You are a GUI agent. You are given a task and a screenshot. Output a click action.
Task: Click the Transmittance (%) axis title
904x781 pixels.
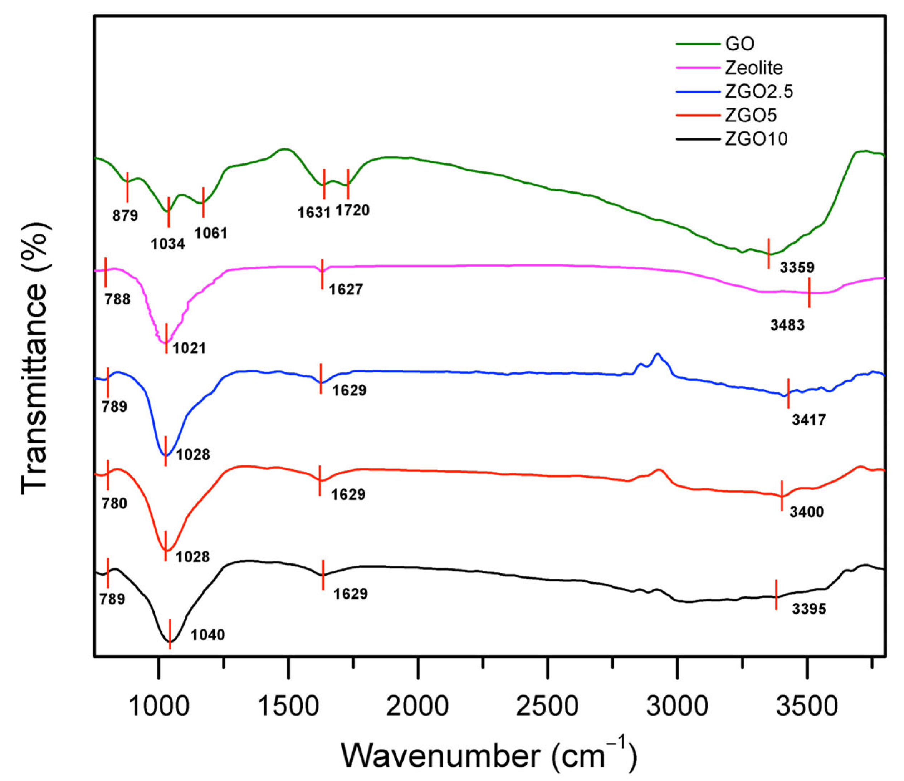point(34,358)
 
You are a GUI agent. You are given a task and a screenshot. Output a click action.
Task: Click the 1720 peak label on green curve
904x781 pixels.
point(352,210)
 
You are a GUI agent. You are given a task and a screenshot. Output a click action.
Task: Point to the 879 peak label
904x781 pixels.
point(125,215)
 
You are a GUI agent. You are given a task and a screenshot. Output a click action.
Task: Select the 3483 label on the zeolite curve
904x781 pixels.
point(787,325)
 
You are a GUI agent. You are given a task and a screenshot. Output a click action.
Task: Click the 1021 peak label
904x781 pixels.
point(189,348)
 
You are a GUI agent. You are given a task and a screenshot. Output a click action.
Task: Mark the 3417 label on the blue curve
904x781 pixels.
point(809,420)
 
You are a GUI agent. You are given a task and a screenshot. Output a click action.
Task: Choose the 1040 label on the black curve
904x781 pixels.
point(208,634)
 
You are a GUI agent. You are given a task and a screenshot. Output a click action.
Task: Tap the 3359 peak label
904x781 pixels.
point(797,267)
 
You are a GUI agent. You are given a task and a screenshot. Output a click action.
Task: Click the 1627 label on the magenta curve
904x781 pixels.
point(346,289)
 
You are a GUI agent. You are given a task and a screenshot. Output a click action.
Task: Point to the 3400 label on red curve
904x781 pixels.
point(807,512)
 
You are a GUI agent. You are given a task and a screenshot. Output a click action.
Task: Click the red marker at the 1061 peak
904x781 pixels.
point(203,202)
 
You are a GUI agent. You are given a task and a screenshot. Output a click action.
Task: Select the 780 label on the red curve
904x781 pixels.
point(114,503)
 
